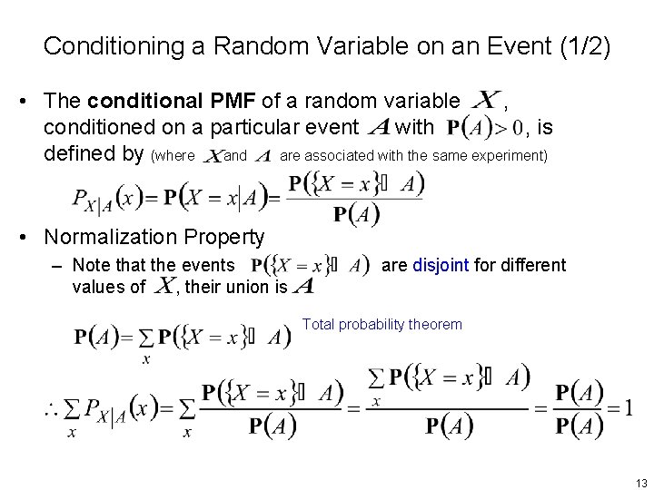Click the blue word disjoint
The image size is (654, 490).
pyautogui.click(x=441, y=266)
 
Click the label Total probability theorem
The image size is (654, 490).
pyautogui.click(x=381, y=324)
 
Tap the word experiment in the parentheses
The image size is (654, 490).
pyautogui.click(x=513, y=156)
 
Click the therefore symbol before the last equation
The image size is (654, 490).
pyautogui.click(x=52, y=411)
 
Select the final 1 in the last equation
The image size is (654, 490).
pyautogui.click(x=628, y=407)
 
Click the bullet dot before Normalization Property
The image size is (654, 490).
pyautogui.click(x=29, y=238)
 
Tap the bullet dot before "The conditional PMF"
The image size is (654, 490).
pyautogui.click(x=29, y=100)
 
